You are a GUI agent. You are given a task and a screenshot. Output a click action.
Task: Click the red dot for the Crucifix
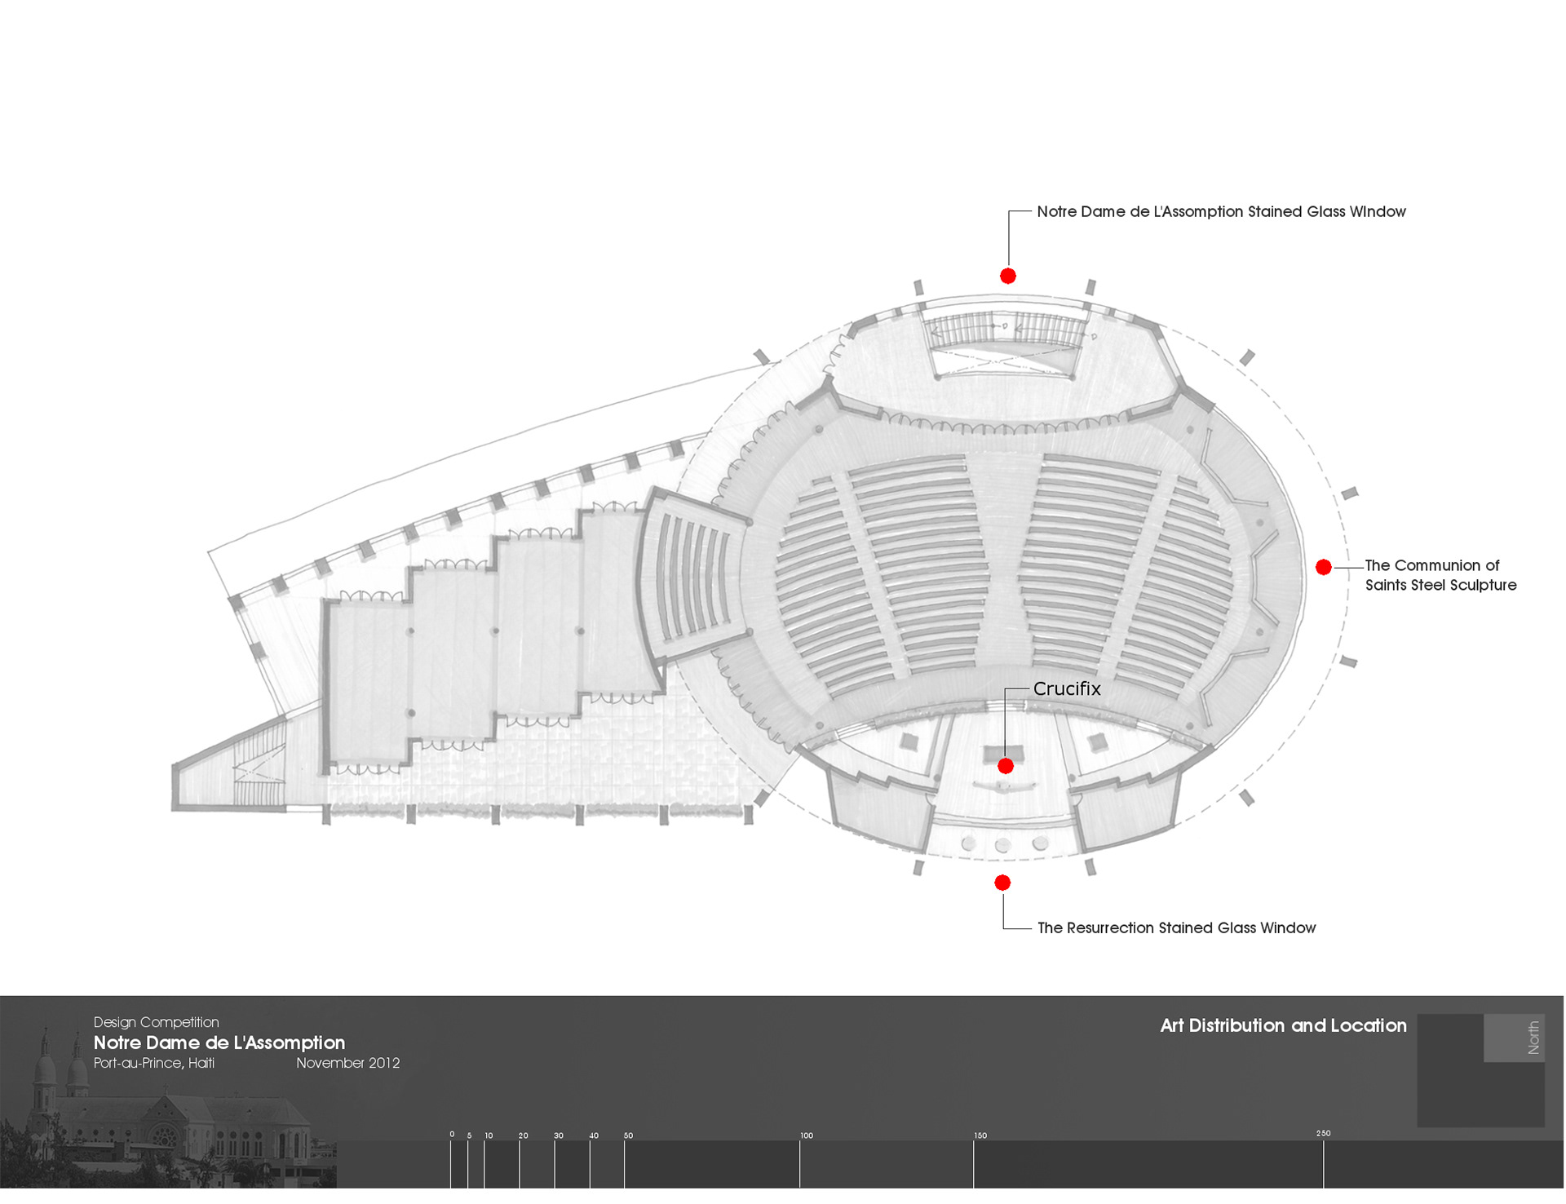[x=1006, y=766]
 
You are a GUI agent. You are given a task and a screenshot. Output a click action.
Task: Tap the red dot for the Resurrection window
[x=1002, y=883]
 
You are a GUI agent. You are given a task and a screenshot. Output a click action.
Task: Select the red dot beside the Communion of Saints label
[x=1324, y=567]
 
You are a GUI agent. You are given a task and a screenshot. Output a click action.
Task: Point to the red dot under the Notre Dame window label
[x=1008, y=276]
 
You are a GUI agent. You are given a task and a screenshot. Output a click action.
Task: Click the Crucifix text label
[x=1067, y=689]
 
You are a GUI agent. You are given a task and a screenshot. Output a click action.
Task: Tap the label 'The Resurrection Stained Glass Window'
[x=1176, y=928]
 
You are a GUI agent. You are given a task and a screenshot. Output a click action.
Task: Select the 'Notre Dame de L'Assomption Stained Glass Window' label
[x=1221, y=212]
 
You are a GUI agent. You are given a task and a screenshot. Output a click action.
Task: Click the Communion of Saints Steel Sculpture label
[x=1440, y=575]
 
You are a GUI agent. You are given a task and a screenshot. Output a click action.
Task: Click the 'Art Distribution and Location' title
[x=1283, y=1025]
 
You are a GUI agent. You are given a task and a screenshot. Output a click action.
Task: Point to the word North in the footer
[x=1533, y=1038]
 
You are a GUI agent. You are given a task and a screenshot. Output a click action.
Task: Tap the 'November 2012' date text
[x=347, y=1063]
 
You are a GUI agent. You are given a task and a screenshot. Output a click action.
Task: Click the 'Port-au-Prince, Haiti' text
[x=154, y=1063]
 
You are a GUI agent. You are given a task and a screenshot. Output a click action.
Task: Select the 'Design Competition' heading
[x=156, y=1022]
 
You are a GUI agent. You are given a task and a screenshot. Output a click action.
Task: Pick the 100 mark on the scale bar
[x=806, y=1135]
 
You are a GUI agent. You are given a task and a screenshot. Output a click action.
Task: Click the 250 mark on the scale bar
[x=1323, y=1134]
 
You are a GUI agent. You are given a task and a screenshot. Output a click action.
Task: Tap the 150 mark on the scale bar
[x=980, y=1135]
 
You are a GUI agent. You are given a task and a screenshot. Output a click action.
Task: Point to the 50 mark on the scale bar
[x=628, y=1135]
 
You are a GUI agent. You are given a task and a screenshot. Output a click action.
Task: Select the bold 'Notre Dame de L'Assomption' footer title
[x=219, y=1042]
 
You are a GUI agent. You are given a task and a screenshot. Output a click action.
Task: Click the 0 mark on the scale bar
[x=452, y=1135]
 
